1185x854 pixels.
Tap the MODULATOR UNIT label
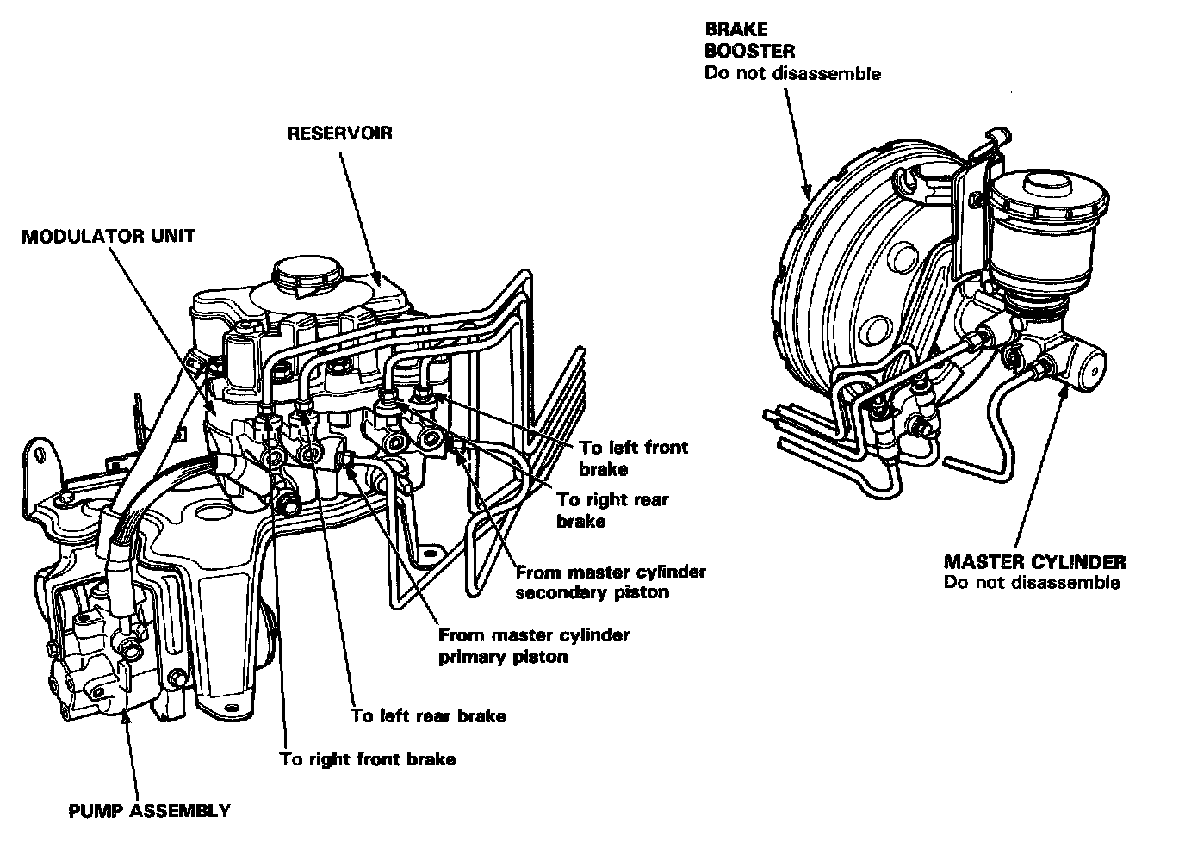109,236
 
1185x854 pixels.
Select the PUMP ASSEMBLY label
149,810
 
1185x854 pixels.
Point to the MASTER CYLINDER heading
1034,562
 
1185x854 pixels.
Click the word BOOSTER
749,51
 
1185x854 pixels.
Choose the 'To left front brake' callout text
633,458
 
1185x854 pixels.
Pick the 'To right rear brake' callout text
611,510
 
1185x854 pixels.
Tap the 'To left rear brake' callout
428,715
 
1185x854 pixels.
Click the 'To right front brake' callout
368,759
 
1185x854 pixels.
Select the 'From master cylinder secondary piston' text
610,582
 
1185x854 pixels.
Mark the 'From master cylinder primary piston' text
534,646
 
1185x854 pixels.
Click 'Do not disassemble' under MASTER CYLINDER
1032,583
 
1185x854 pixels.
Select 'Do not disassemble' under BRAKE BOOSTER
792,73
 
